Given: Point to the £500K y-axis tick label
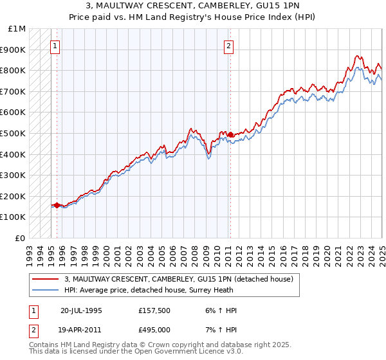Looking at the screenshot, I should tap(14, 133).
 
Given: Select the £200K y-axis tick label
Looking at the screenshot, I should tap(14, 196).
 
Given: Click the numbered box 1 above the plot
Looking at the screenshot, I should tap(55, 46).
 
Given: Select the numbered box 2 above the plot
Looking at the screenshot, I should tap(229, 46).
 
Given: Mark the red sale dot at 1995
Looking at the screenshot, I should tap(57, 205).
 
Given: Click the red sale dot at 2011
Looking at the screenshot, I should tap(230, 134).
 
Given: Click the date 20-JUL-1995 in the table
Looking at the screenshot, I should tap(81, 310).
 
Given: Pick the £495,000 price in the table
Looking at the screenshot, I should tap(154, 330).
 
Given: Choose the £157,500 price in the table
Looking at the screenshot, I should tap(154, 310).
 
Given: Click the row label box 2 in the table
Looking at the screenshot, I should tap(33, 330).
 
